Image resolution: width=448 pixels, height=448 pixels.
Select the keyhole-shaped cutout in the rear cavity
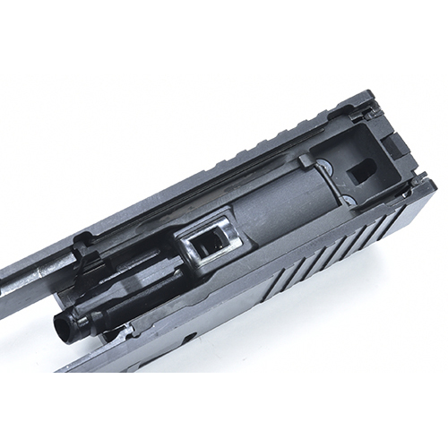point(361,170)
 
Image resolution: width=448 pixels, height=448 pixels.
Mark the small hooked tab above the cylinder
point(306,162)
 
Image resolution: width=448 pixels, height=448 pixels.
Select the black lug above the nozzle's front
point(85,260)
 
